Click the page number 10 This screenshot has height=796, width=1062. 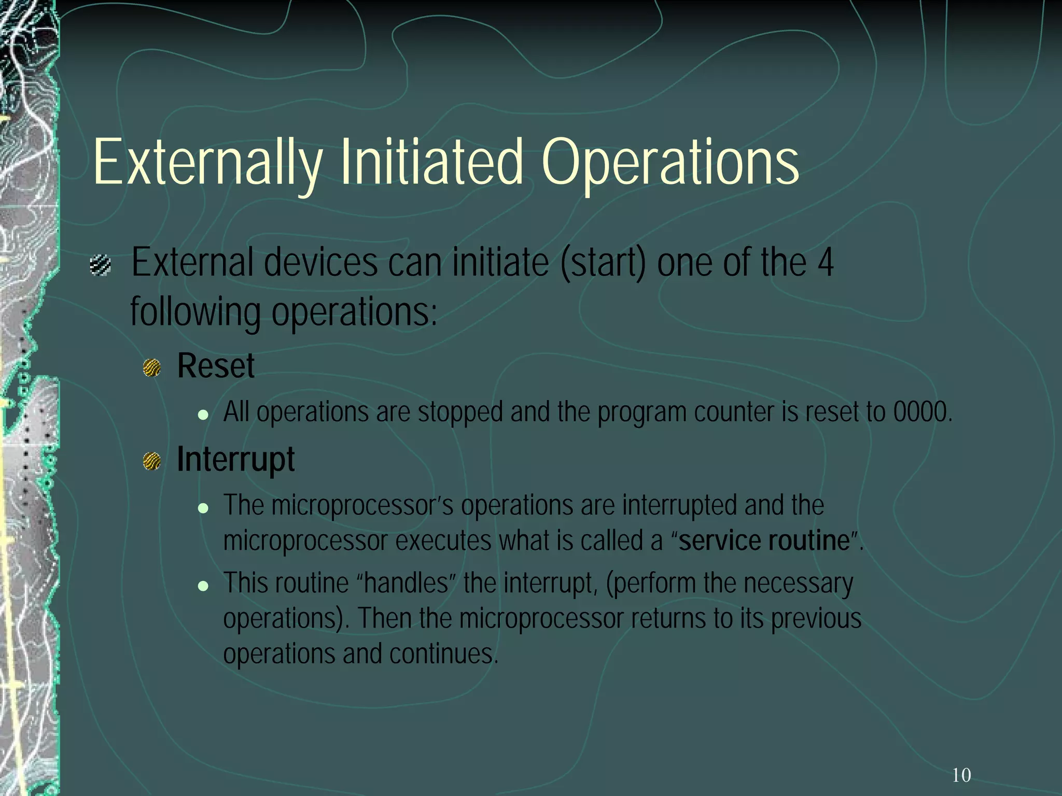[961, 775]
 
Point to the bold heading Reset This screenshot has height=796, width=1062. [216, 366]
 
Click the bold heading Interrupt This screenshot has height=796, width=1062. [235, 460]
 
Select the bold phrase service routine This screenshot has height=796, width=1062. [764, 541]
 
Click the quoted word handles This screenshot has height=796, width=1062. [406, 583]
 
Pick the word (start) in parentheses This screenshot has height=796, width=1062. [603, 263]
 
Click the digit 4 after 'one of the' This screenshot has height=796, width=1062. [826, 263]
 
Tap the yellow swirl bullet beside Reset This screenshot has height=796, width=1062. [152, 368]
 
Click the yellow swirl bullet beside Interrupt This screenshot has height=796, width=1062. [152, 461]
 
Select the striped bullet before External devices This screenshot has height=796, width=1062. [100, 265]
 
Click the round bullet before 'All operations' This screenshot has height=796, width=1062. [203, 415]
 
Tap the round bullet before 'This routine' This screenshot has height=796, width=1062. [203, 586]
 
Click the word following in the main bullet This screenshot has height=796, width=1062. [195, 312]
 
